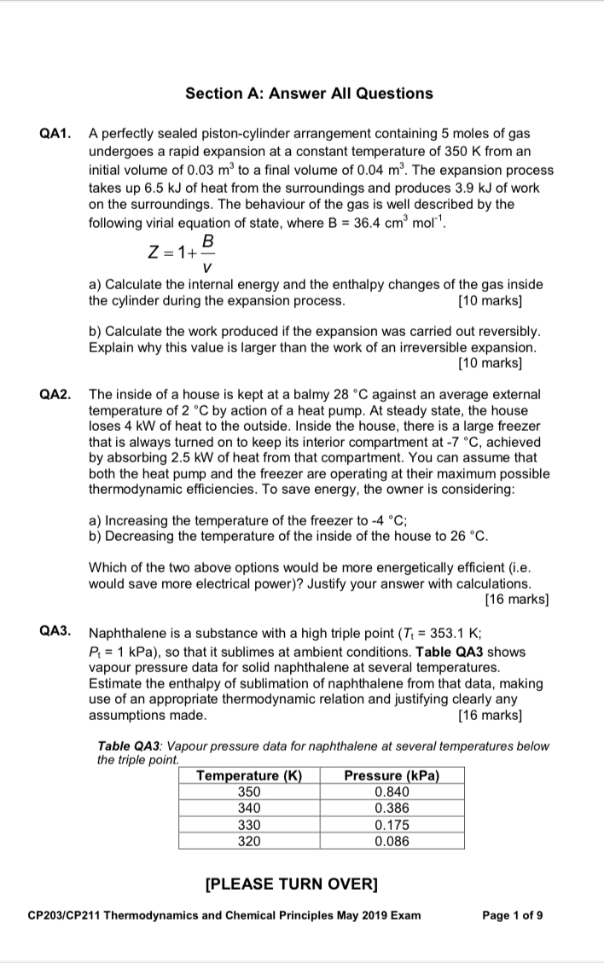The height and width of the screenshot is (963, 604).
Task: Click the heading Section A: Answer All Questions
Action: point(309,94)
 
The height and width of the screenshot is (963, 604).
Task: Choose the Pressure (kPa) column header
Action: point(392,775)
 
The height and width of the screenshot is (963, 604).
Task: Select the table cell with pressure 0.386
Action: point(392,808)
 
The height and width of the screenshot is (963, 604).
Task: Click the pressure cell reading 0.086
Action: point(392,840)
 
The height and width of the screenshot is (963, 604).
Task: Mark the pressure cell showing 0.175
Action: point(392,824)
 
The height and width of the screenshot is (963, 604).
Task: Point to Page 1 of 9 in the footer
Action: point(512,915)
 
